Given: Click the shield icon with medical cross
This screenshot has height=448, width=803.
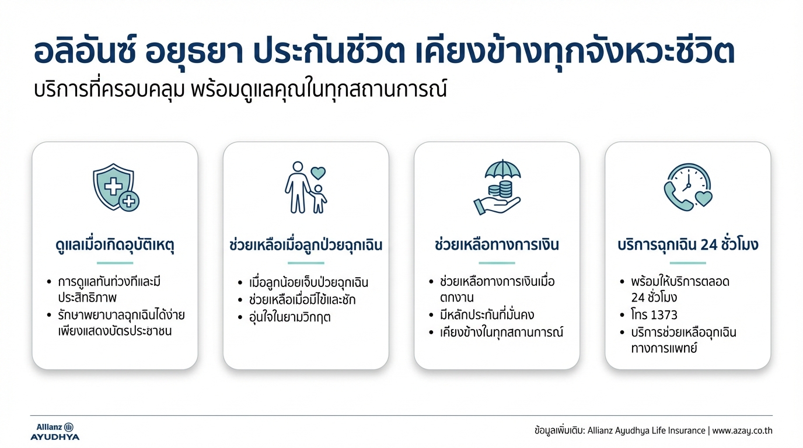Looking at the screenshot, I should (116, 187).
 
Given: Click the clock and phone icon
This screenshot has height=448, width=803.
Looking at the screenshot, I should (687, 187).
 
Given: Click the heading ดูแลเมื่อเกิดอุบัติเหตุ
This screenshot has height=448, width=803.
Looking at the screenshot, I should (115, 245).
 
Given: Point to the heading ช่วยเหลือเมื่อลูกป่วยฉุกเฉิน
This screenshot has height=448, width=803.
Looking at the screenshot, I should (306, 245).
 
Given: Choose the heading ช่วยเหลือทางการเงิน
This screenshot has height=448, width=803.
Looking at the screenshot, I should (497, 245).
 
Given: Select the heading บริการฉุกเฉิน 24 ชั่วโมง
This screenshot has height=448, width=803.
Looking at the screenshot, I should (687, 245).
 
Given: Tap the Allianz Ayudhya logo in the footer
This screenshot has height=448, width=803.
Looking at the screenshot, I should (55, 431).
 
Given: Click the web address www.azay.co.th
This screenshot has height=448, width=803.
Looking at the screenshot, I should (742, 431).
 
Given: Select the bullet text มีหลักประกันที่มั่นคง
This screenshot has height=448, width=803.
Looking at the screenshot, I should (488, 315).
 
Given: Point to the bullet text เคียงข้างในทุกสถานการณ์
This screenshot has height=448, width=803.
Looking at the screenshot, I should (502, 332).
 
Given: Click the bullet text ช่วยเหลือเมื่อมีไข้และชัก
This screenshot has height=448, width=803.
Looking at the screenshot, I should (302, 300).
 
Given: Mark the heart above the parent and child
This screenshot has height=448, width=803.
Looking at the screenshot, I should (318, 173).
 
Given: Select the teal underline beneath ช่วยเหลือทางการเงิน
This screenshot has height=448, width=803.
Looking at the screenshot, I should (497, 263).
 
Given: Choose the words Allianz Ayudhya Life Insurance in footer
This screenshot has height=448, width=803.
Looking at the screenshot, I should (638, 431).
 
